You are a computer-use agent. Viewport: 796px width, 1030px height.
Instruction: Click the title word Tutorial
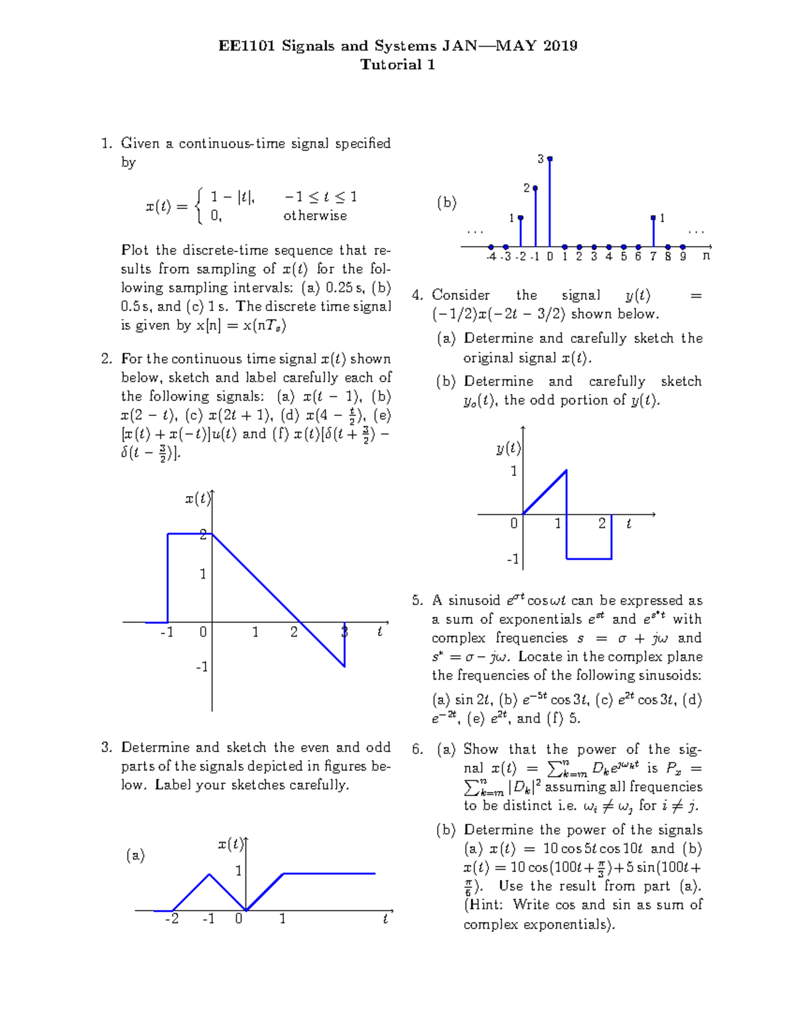390,64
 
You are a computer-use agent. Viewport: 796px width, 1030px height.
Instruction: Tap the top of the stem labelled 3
550,159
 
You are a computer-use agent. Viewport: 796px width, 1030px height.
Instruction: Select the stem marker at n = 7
653,218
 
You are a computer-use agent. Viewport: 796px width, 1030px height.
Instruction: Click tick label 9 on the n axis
683,257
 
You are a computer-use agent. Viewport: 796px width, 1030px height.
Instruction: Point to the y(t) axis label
508,449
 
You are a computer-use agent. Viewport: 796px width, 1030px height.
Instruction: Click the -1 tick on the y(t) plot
513,559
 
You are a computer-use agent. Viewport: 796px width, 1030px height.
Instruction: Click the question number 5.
417,601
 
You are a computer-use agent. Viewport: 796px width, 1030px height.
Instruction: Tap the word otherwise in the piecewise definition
315,216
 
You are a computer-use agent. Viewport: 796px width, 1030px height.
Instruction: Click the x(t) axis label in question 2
198,499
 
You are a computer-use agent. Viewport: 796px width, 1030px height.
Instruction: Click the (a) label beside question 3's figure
135,856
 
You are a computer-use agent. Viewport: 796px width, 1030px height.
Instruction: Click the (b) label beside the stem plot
446,203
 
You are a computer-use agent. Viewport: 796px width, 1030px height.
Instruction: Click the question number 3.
106,747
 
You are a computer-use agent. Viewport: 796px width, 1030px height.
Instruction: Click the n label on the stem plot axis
706,255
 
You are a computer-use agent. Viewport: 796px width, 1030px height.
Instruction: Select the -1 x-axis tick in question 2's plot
166,632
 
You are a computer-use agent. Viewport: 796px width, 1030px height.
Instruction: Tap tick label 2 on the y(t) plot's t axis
602,523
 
